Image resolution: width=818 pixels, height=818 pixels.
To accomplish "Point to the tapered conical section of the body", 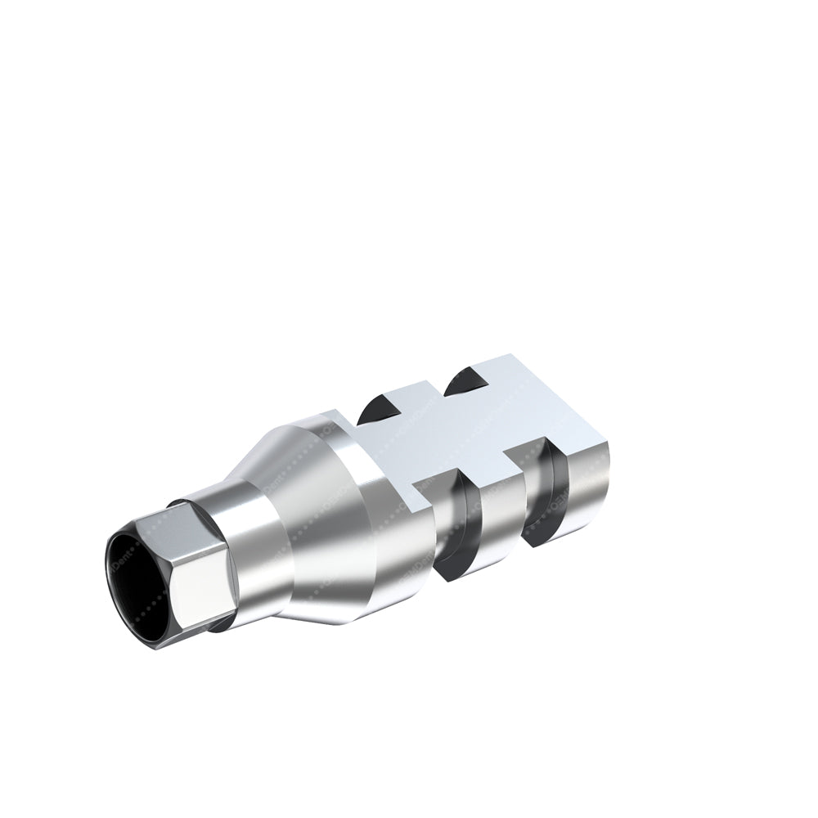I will click(x=282, y=524).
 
